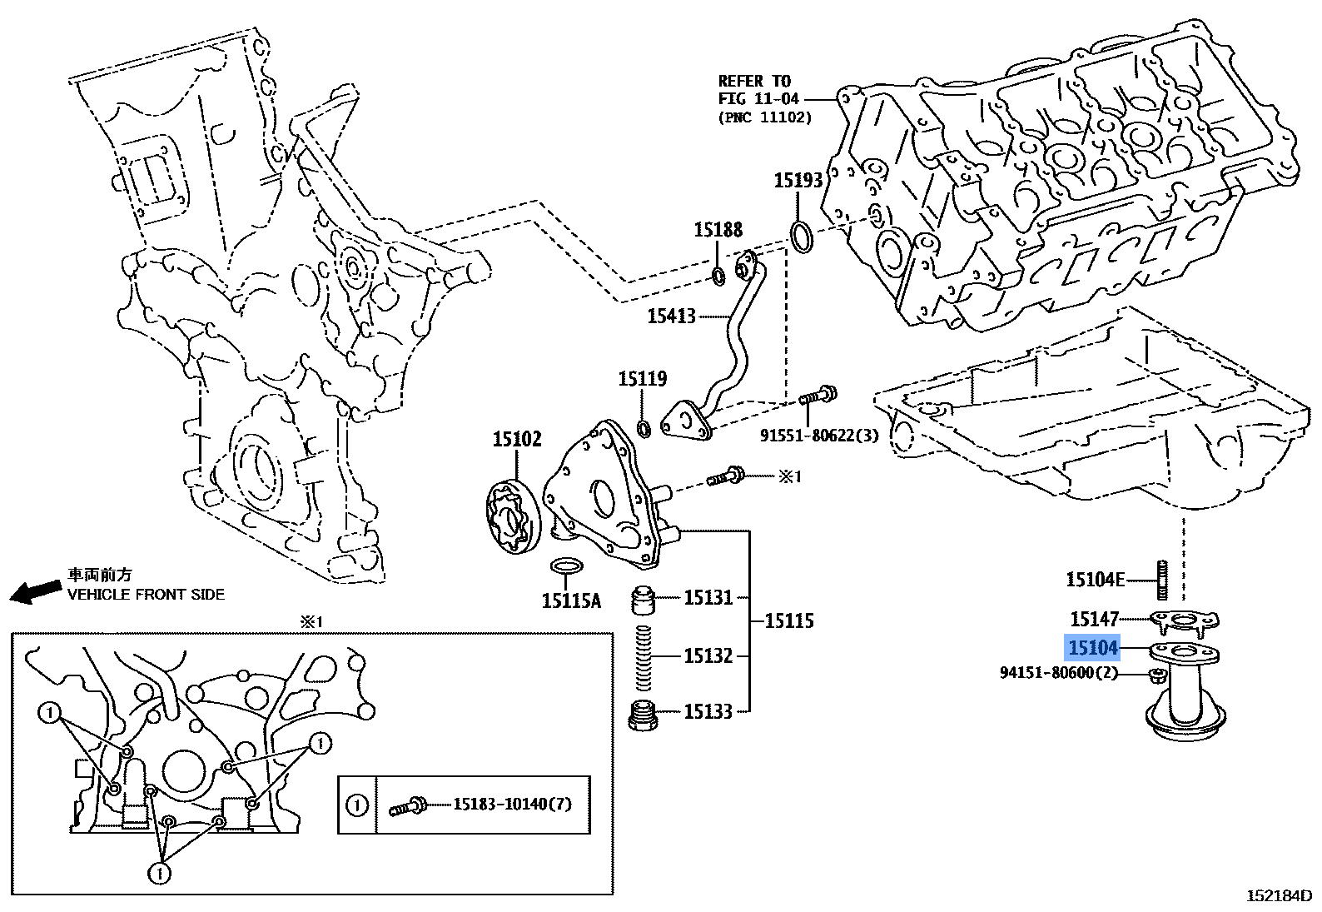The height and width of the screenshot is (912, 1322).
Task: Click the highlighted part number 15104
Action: pos(1093,647)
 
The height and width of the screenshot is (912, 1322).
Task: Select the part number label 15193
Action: pos(798,181)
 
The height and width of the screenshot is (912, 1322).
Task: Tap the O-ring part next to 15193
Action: pos(801,236)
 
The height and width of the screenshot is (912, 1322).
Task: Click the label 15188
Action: pos(718,230)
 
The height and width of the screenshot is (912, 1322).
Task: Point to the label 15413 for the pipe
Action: pos(671,316)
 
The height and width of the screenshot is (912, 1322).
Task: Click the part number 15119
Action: pos(642,380)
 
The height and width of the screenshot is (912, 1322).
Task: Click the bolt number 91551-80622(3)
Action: pos(818,435)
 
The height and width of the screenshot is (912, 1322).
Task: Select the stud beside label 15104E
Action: pos(1160,580)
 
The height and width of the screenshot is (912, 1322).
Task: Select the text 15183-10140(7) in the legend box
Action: pos(512,805)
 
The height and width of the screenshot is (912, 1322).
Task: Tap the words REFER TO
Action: pos(753,82)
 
